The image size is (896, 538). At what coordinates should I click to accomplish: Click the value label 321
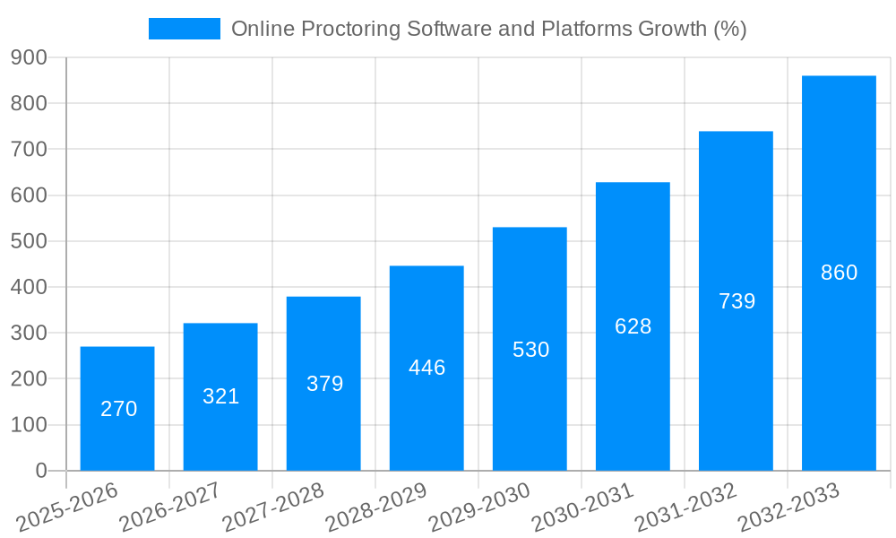[x=220, y=396]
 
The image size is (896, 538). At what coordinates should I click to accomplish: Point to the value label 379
[x=324, y=384]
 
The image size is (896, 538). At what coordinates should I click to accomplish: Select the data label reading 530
[x=530, y=350]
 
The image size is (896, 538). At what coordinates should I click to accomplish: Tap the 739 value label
[x=737, y=301]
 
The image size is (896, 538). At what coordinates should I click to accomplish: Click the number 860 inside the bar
[x=839, y=273]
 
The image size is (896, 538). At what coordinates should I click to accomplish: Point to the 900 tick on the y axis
[x=29, y=57]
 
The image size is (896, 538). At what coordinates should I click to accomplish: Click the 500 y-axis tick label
[x=29, y=241]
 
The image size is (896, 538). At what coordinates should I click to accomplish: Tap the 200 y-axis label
[x=29, y=379]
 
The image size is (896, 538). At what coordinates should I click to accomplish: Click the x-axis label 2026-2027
[x=169, y=506]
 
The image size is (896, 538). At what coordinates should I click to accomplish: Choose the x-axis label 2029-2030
[x=478, y=506]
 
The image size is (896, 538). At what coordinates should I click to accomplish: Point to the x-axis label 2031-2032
[x=685, y=506]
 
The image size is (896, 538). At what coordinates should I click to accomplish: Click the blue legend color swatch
[x=185, y=29]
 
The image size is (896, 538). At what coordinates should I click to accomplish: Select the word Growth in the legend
[x=671, y=29]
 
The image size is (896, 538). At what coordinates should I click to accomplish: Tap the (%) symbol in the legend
[x=729, y=29]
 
